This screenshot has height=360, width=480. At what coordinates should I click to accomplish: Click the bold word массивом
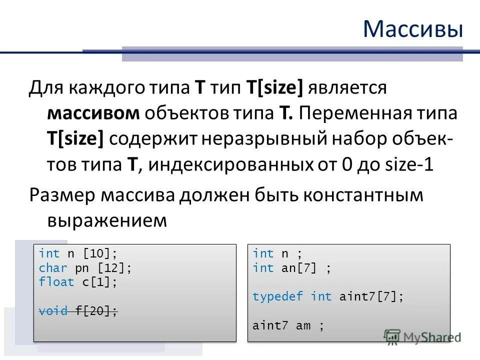pos(93,113)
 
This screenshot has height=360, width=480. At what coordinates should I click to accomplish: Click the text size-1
pos(406,165)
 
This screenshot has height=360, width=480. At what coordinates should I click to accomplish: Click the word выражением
pos(106,220)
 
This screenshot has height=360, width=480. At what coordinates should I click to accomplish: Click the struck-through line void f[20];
pos(78,311)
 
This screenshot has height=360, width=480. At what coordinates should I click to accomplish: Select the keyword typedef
pos(277,296)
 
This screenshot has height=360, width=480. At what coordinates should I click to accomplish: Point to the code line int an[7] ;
pos(291,268)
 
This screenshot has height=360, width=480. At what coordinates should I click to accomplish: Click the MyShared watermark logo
pos(422,336)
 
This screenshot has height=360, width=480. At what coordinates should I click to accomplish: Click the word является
pos(347,87)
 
